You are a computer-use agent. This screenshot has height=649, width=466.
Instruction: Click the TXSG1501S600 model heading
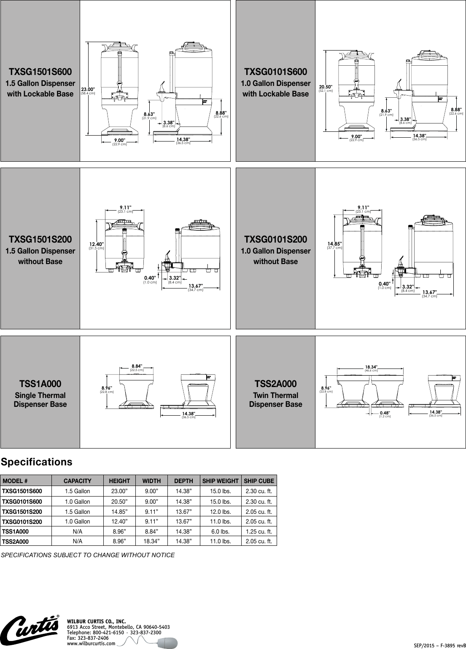[40, 72]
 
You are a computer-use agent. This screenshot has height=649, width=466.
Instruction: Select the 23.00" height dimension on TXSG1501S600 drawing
[88, 89]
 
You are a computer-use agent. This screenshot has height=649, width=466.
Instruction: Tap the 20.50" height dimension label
[326, 86]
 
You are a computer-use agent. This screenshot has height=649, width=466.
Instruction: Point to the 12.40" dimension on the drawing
[96, 244]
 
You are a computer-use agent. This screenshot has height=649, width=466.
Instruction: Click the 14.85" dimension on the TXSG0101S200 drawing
[334, 244]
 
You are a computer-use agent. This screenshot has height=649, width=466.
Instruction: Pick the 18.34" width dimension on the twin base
[371, 367]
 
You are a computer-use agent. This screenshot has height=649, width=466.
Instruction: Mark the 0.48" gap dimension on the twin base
[384, 413]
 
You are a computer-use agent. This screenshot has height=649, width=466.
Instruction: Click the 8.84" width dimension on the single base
[137, 366]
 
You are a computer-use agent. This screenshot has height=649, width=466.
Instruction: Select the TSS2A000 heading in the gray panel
[275, 384]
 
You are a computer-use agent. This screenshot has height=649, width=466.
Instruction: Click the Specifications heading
[37, 462]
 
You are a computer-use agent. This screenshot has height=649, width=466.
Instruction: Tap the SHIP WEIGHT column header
[220, 481]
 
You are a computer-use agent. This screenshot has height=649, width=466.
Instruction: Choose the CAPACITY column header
[77, 481]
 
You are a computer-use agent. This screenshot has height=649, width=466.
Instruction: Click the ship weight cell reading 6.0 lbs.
[220, 531]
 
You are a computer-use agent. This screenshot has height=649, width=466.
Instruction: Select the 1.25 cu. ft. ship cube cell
[259, 531]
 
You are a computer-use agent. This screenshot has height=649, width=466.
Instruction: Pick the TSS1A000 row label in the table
[16, 532]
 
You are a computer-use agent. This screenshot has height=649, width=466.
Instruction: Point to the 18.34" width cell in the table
[151, 541]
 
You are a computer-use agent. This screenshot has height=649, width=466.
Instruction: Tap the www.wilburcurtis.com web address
[91, 644]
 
